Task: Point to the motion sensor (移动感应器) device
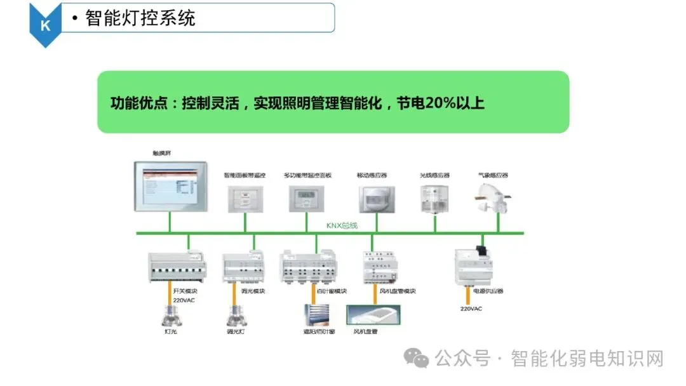[376, 199]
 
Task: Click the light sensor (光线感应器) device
[435, 197]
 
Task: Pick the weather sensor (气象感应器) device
[492, 194]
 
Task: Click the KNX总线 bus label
[341, 225]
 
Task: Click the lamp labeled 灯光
[170, 315]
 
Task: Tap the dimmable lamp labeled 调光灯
[236, 315]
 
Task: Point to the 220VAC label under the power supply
[471, 309]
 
